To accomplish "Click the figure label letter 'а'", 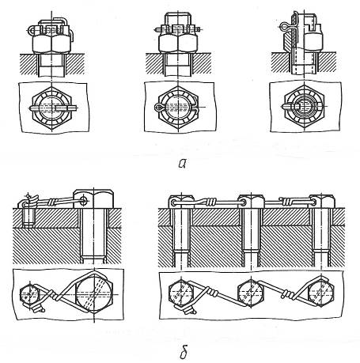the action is pyautogui.click(x=183, y=164).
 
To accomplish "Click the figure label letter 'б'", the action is pyautogui.click(x=184, y=352).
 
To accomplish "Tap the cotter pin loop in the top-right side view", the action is pyautogui.click(x=284, y=27).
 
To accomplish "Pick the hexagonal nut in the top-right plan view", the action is pyautogui.click(x=304, y=107).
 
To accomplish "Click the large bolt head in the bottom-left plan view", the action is pyautogui.click(x=94, y=293).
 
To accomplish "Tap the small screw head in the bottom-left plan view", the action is pyautogui.click(x=29, y=293).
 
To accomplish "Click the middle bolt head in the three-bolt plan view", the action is pyautogui.click(x=250, y=292).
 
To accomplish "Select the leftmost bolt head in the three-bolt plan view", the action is pyautogui.click(x=181, y=293).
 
